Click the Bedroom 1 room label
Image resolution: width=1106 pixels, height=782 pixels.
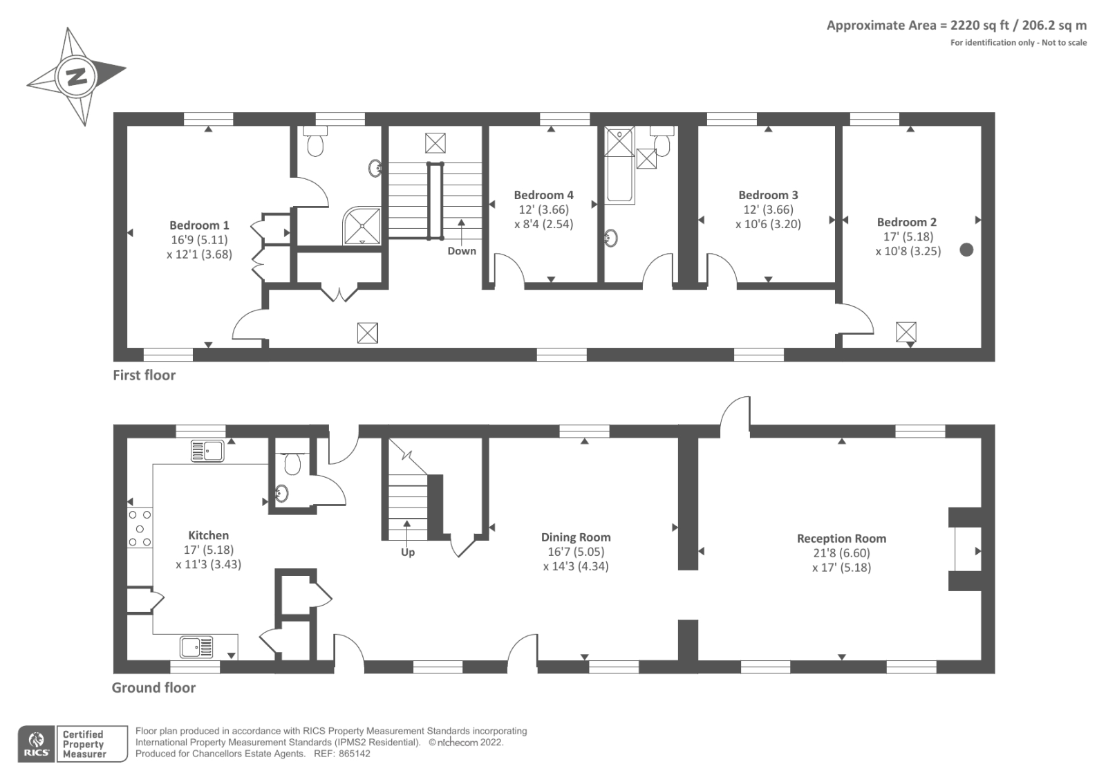tap(199, 225)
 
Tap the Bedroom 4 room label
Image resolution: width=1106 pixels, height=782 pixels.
tap(543, 195)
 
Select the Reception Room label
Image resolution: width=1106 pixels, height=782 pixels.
tap(841, 539)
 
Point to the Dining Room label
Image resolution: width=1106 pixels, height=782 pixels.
tap(576, 537)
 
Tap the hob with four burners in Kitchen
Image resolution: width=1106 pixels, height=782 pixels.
tap(139, 529)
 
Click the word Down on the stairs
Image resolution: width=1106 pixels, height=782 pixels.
tap(462, 251)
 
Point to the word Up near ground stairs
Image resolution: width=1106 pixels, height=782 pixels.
tap(408, 552)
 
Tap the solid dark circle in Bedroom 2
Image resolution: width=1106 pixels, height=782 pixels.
tap(966, 250)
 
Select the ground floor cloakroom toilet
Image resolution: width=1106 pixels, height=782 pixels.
tap(292, 463)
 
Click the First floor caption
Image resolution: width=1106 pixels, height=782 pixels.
tap(144, 375)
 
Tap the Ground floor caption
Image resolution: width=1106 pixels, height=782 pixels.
tap(153, 688)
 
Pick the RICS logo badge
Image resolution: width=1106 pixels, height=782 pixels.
tap(37, 744)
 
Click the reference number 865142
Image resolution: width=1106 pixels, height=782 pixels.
tap(354, 754)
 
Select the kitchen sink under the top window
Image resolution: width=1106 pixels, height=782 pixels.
tap(207, 451)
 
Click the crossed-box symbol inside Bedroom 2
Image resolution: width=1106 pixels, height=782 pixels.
tap(906, 332)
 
